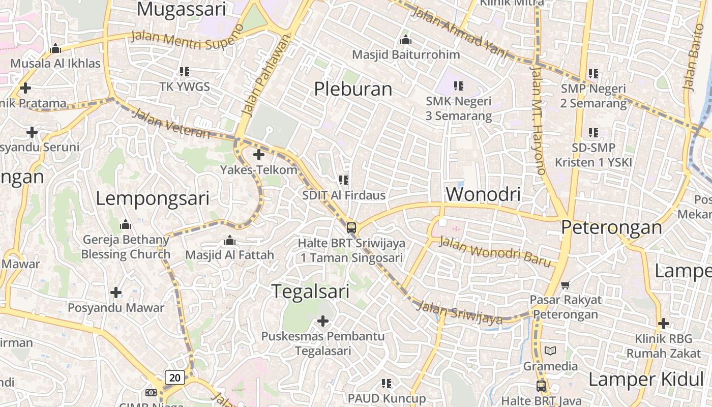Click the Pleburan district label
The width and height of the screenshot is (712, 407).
point(353,89)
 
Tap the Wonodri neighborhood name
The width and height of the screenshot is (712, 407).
point(483,194)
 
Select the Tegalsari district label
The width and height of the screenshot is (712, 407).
point(310,292)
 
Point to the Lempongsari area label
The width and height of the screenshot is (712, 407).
point(153,198)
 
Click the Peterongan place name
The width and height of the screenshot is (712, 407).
point(612,227)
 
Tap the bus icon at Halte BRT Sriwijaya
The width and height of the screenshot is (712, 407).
point(351,227)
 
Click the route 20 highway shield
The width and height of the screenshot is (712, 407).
point(174,377)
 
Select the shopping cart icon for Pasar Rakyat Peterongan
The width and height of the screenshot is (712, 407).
point(565,285)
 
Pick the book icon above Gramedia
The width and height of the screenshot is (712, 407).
point(550,351)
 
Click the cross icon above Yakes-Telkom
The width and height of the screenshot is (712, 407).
point(259,155)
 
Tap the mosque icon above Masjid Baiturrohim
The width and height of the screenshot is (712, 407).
point(405,40)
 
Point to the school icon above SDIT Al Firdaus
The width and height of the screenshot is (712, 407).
point(344,180)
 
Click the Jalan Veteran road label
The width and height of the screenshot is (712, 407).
point(171,123)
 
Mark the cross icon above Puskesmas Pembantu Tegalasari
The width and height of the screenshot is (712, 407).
point(322,321)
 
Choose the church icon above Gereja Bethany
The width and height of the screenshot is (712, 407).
point(126,224)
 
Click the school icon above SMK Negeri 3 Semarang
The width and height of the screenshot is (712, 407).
point(459,86)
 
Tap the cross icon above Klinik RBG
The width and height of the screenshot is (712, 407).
point(663,323)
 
